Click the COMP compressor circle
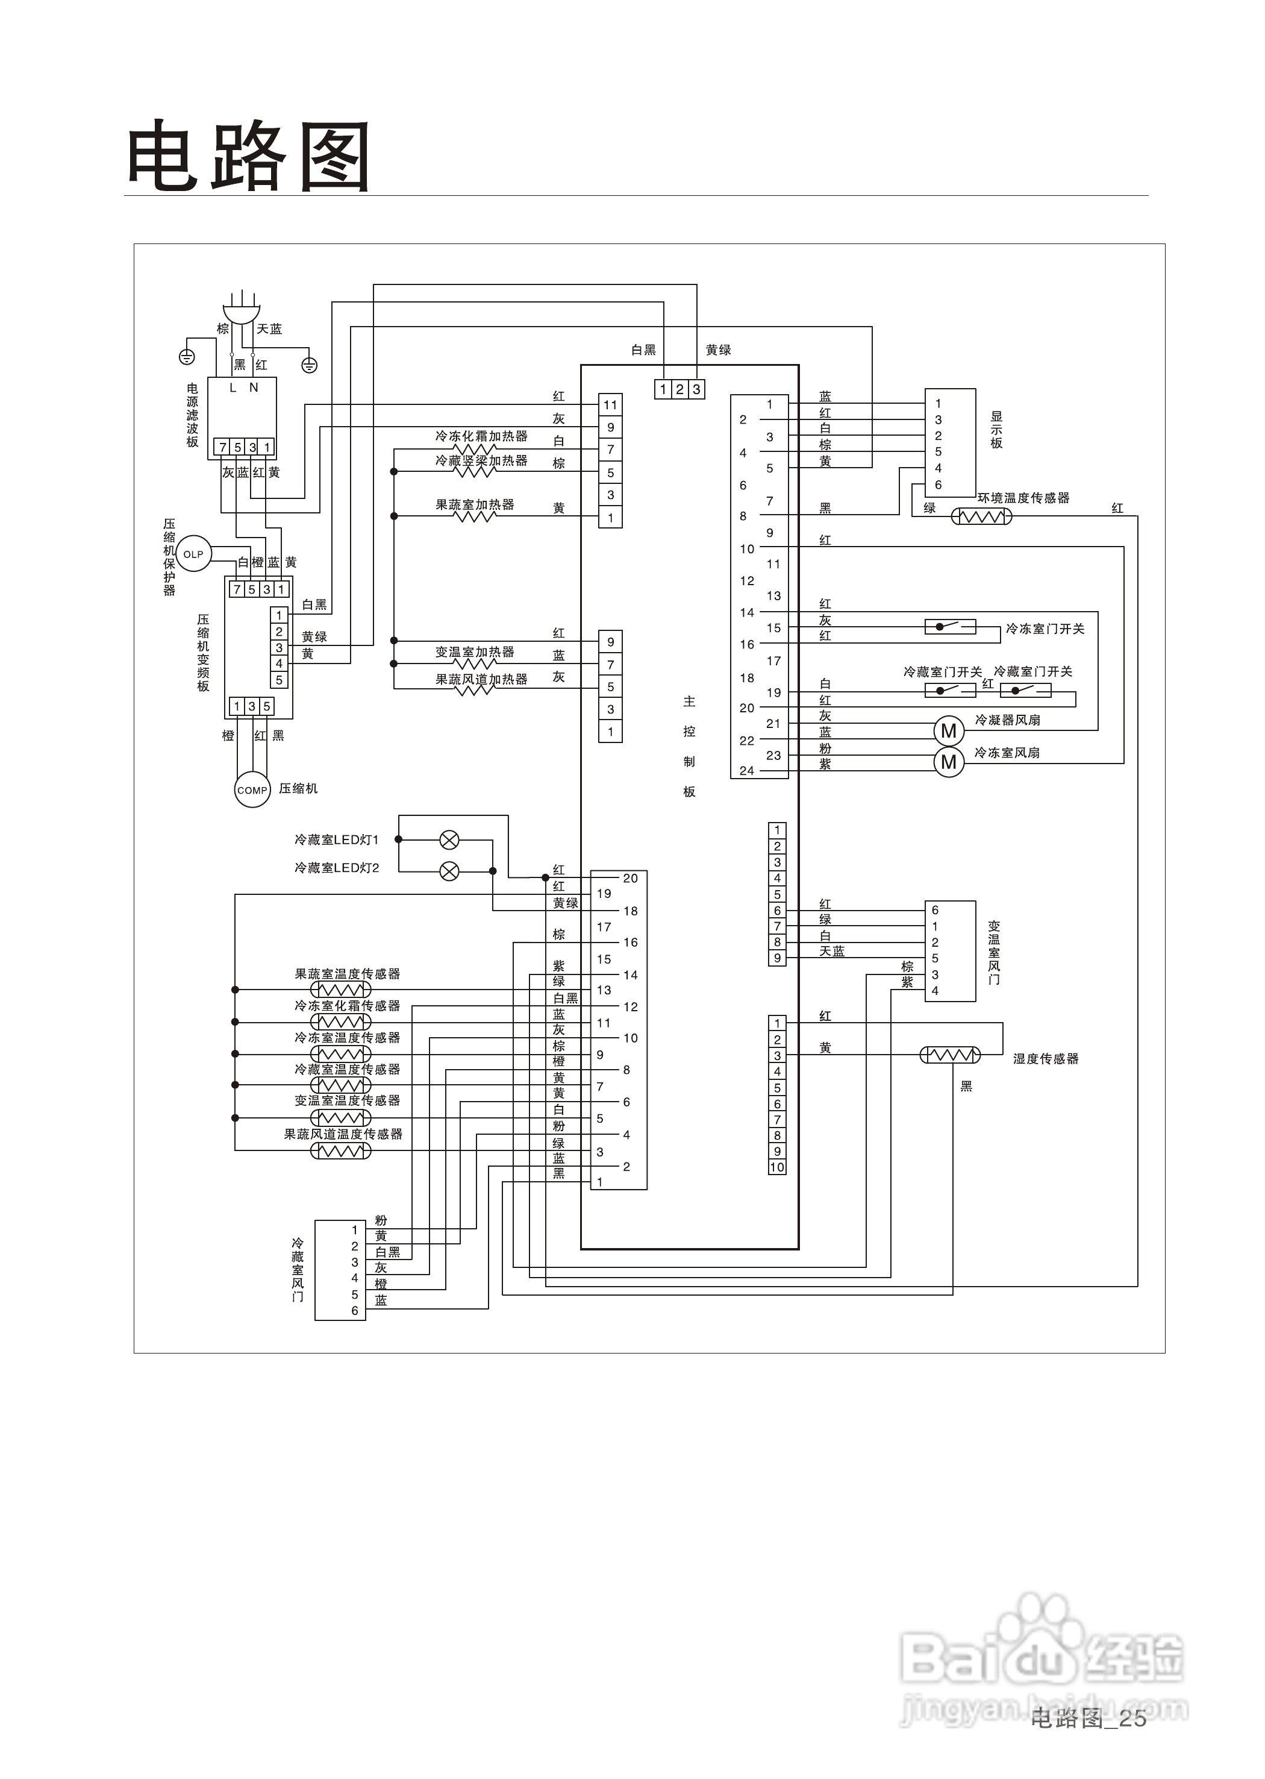(252, 789)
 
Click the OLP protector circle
(193, 554)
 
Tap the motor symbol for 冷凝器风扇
(948, 730)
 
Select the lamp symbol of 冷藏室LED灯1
(449, 839)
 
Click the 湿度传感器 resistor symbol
(949, 1055)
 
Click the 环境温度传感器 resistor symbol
(981, 516)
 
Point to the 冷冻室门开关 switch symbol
(949, 627)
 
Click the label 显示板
(996, 430)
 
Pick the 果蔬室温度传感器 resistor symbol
(340, 990)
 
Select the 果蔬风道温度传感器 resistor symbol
(340, 1150)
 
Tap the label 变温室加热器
(475, 651)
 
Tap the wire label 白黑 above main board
(643, 350)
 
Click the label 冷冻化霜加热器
(481, 436)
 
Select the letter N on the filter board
(253, 387)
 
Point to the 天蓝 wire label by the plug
(269, 329)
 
